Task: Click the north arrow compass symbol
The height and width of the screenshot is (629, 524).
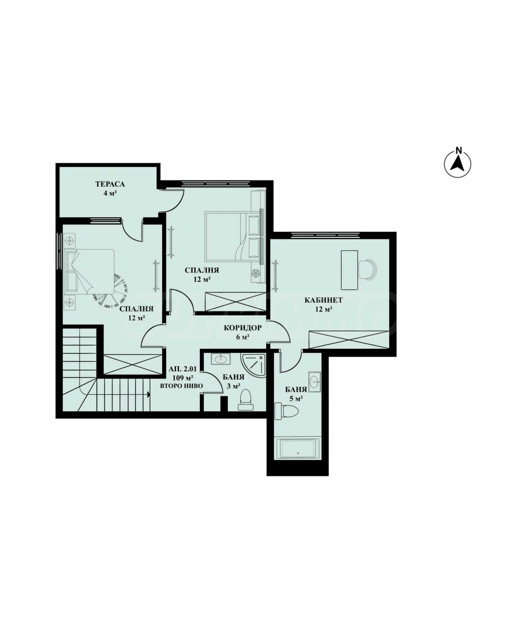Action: (x=457, y=164)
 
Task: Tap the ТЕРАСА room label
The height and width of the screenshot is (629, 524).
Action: (x=110, y=184)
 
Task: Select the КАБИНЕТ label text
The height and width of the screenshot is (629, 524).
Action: (x=323, y=300)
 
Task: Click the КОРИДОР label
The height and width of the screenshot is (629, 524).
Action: (x=242, y=328)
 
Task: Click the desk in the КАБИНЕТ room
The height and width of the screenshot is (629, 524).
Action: (x=350, y=270)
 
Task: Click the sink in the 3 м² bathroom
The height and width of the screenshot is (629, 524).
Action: (x=221, y=358)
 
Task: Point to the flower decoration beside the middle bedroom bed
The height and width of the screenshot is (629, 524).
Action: (x=255, y=273)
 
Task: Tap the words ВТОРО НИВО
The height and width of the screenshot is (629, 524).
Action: (x=181, y=386)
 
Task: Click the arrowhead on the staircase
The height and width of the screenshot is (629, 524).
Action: (x=148, y=395)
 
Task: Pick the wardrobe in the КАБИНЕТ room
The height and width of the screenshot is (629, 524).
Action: (x=349, y=340)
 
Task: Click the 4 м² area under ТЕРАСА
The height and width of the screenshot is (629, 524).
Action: (x=110, y=193)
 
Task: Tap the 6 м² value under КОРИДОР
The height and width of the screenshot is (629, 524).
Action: (x=243, y=337)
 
